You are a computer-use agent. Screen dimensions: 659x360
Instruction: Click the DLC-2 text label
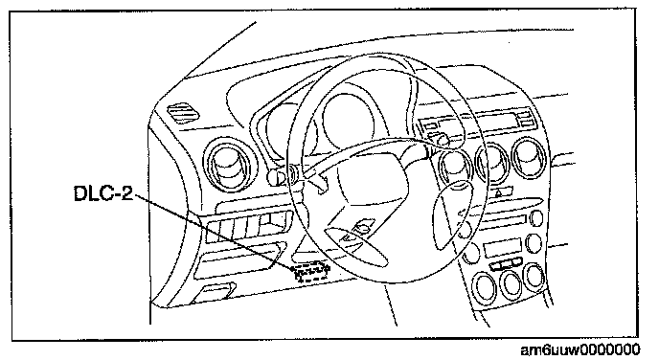click(103, 193)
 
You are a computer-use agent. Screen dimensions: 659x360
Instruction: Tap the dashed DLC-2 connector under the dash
click(312, 271)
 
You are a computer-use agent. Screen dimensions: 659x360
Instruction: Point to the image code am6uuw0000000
click(580, 349)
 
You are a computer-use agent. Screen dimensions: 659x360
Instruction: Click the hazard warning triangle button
click(499, 193)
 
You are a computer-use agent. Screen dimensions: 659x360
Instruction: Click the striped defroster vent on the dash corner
click(184, 113)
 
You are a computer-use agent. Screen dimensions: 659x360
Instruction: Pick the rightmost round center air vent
click(529, 158)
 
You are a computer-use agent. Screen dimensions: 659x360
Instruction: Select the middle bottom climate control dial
click(511, 283)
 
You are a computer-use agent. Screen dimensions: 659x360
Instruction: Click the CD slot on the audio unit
click(501, 219)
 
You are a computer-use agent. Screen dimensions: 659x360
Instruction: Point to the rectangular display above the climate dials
click(502, 247)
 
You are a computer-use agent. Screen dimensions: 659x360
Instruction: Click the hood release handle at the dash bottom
click(213, 293)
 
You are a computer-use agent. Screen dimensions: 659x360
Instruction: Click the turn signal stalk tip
click(275, 177)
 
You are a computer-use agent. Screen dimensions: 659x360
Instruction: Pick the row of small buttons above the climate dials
click(506, 264)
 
